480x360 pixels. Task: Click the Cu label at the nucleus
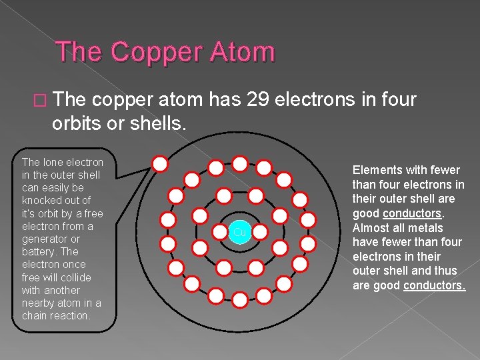(239, 232)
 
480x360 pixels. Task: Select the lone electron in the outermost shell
(160, 163)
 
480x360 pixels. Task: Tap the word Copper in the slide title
(149, 52)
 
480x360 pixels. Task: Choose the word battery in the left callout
(39, 251)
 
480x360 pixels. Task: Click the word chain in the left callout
(35, 315)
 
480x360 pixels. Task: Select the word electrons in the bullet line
(317, 100)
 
